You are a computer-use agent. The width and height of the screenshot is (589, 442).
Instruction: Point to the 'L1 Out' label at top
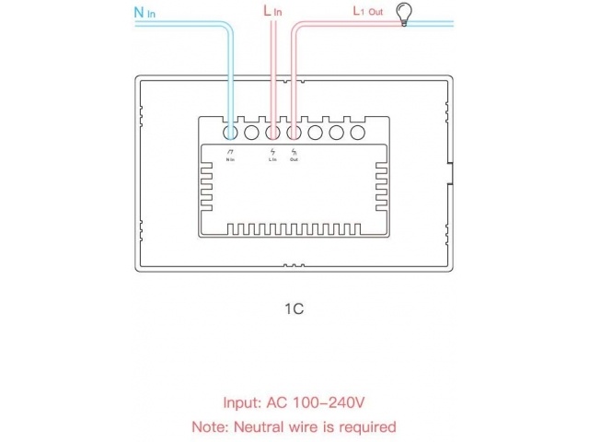point(367,12)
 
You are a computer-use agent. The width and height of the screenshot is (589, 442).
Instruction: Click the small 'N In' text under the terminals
point(230,160)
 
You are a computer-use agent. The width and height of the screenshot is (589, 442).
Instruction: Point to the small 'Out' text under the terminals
point(294,160)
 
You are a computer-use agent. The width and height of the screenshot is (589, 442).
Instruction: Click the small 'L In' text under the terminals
point(272,160)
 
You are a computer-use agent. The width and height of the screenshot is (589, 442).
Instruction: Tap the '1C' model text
point(294,309)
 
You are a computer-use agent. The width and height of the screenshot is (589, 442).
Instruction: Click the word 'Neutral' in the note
point(268,427)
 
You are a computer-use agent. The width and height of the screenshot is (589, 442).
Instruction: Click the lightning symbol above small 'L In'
point(272,151)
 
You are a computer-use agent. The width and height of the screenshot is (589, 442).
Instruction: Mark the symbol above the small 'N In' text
point(230,151)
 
